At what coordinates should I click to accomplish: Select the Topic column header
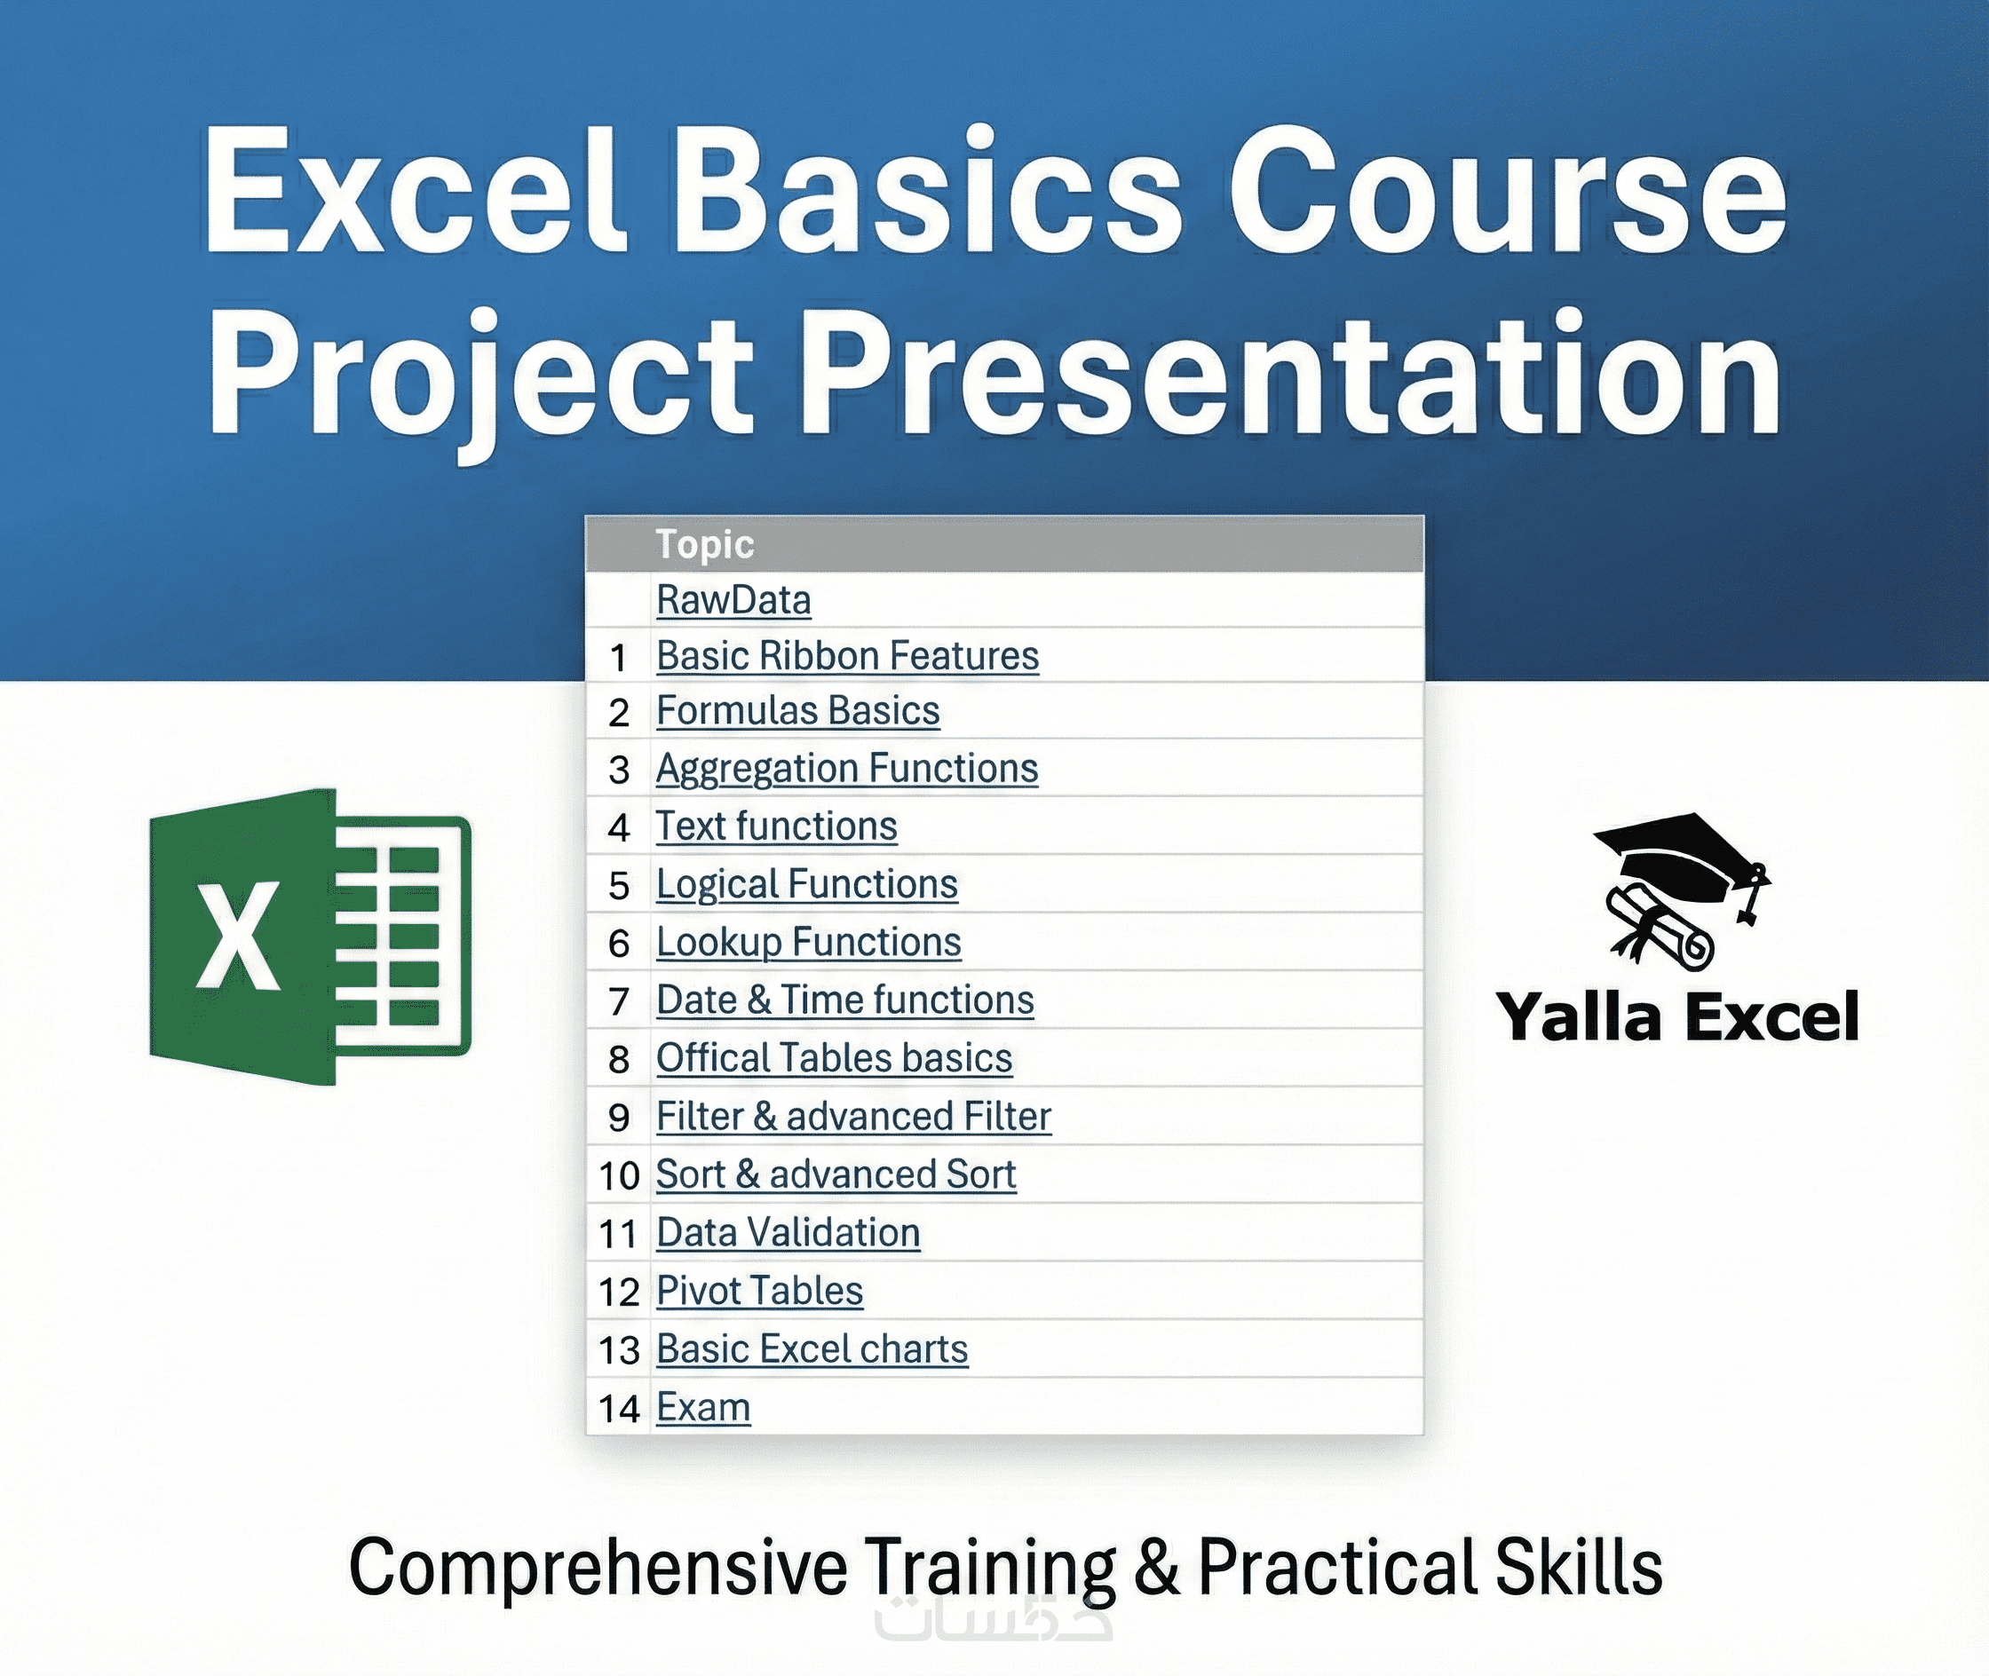[x=705, y=544]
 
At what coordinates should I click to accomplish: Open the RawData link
[x=733, y=600]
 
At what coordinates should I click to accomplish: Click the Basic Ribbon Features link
[x=848, y=656]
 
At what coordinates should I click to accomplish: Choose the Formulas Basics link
[x=798, y=711]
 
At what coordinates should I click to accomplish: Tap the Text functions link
[x=776, y=826]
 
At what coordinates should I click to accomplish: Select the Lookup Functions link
[x=809, y=943]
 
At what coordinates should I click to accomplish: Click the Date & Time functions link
[x=844, y=1000]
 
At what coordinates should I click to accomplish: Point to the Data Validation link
[x=788, y=1232]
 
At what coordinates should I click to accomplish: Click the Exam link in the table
[x=703, y=1407]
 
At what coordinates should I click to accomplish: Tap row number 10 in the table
[x=620, y=1176]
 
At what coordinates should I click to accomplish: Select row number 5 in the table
[x=620, y=886]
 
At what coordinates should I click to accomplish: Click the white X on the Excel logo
[x=239, y=936]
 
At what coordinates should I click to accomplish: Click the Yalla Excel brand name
[x=1677, y=1016]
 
